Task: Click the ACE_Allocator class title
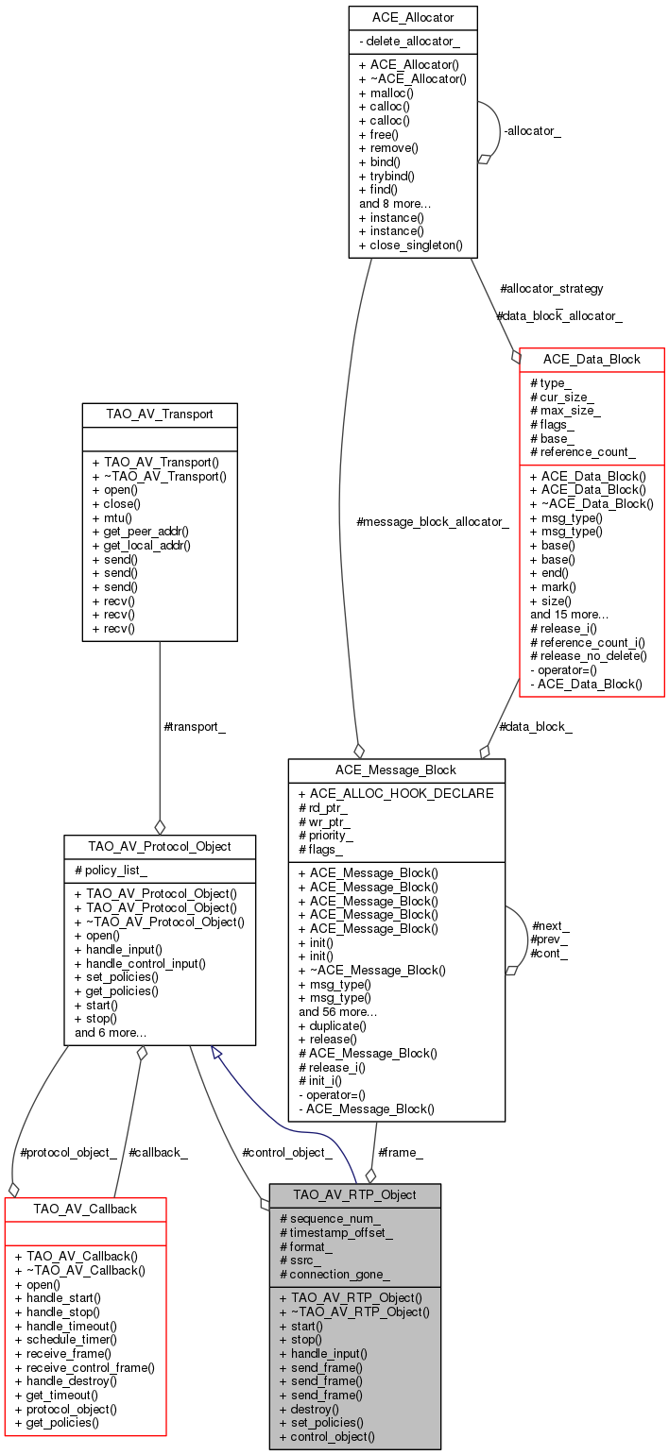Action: pos(412,17)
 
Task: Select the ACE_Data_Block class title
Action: pos(592,359)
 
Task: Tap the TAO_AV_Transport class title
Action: pos(159,414)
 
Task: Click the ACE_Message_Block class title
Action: pos(396,770)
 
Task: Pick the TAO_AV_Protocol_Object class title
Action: pos(159,846)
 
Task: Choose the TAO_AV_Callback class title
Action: pos(85,1209)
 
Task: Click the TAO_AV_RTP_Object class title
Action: pos(354,1194)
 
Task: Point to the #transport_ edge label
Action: pos(195,727)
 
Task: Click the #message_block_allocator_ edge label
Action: pos(433,521)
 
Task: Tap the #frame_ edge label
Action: pos(401,1152)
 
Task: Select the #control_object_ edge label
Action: pos(287,1152)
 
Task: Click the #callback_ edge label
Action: pos(158,1152)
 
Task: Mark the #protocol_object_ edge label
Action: pos(68,1152)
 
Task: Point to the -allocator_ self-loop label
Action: pos(532,131)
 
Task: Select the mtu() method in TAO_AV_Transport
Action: pos(112,517)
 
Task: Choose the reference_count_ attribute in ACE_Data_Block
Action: pos(583,452)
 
